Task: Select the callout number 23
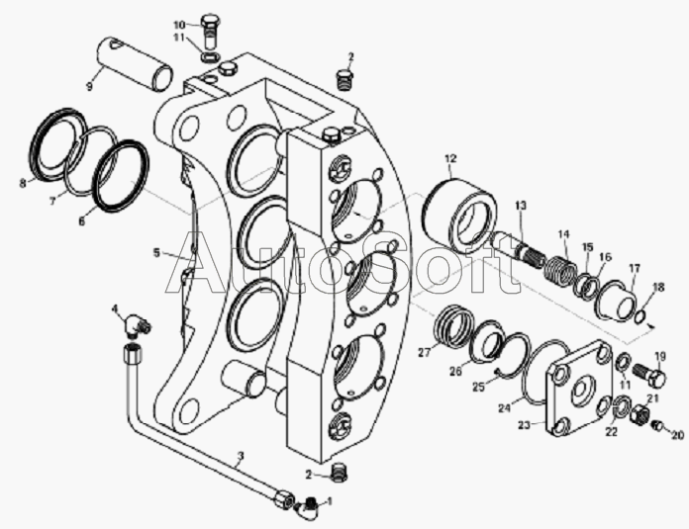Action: point(526,425)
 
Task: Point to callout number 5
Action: point(156,253)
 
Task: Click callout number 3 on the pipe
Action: point(240,459)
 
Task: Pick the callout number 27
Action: point(424,351)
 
